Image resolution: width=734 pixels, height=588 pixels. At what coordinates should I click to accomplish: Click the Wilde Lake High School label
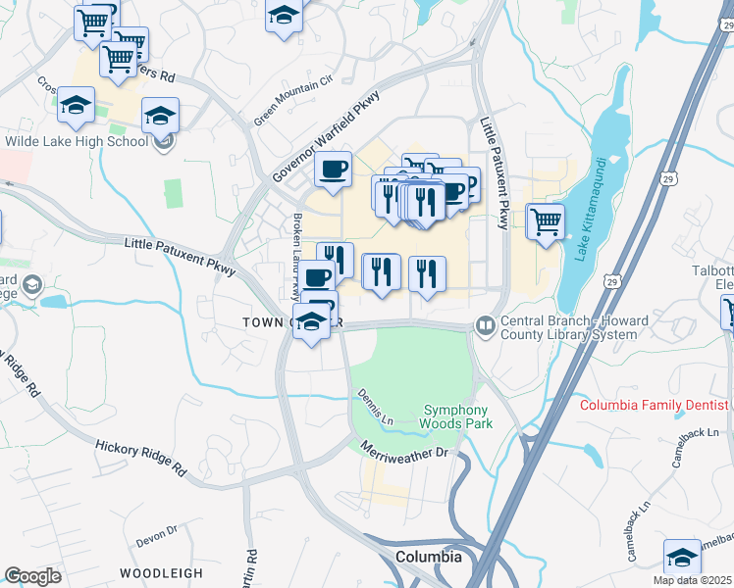(x=77, y=141)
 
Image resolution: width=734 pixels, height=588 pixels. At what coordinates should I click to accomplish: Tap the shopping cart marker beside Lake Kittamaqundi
(x=545, y=221)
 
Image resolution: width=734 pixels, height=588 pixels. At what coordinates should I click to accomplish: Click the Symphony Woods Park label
(x=456, y=416)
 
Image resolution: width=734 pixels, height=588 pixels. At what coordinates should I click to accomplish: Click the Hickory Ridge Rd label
(x=140, y=457)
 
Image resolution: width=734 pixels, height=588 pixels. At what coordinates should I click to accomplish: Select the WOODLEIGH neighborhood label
(x=161, y=572)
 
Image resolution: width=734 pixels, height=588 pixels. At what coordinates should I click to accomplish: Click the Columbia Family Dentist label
(x=654, y=405)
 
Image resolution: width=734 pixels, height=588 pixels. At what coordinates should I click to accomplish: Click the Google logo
(x=32, y=576)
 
